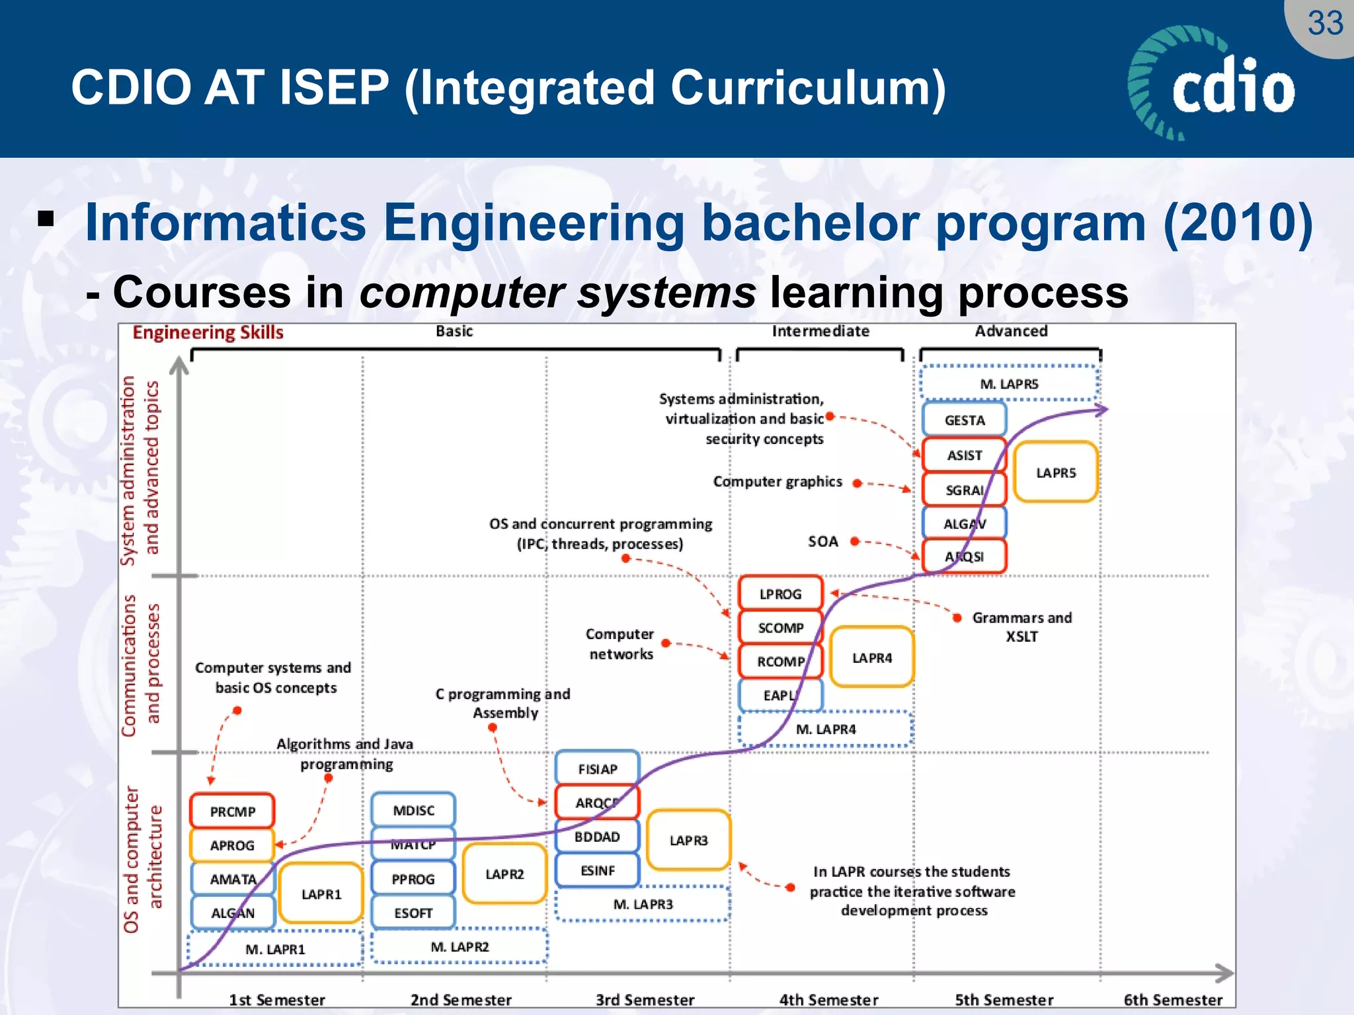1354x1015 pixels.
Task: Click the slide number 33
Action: pyautogui.click(x=1325, y=24)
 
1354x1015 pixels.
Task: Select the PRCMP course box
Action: pyautogui.click(x=232, y=811)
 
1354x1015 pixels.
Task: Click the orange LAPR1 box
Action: pyautogui.click(x=321, y=894)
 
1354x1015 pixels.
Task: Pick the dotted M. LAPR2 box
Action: pyautogui.click(x=459, y=946)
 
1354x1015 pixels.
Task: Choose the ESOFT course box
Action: pyautogui.click(x=413, y=913)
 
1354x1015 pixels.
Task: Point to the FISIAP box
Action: pyautogui.click(x=598, y=769)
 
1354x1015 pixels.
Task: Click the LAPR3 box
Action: pyautogui.click(x=688, y=840)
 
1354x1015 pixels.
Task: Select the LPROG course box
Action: pyautogui.click(x=780, y=593)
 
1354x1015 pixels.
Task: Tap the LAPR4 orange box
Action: pyautogui.click(x=871, y=658)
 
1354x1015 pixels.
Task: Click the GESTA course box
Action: pyautogui.click(x=964, y=420)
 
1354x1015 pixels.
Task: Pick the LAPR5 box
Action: pyautogui.click(x=1056, y=472)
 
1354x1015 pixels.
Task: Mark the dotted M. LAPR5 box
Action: pyautogui.click(x=1009, y=383)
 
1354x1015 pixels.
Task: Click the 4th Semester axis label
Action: pyautogui.click(x=828, y=1000)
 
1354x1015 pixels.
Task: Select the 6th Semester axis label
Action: pyautogui.click(x=1173, y=1000)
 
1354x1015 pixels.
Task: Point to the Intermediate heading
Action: pyautogui.click(x=820, y=331)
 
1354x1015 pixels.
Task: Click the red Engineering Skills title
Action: pyautogui.click(x=208, y=332)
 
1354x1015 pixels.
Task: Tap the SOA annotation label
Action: pyautogui.click(x=823, y=541)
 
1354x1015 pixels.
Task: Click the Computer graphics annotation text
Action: pyautogui.click(x=777, y=482)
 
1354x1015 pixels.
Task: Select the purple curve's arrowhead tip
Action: pyautogui.click(x=1105, y=410)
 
